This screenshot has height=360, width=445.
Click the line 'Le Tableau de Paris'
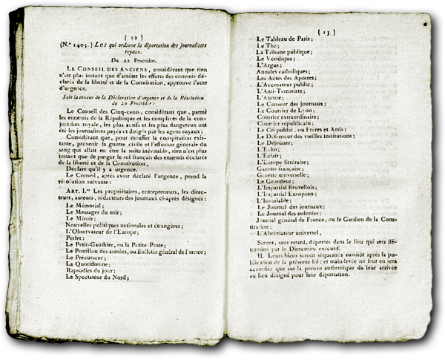coord(286,39)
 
